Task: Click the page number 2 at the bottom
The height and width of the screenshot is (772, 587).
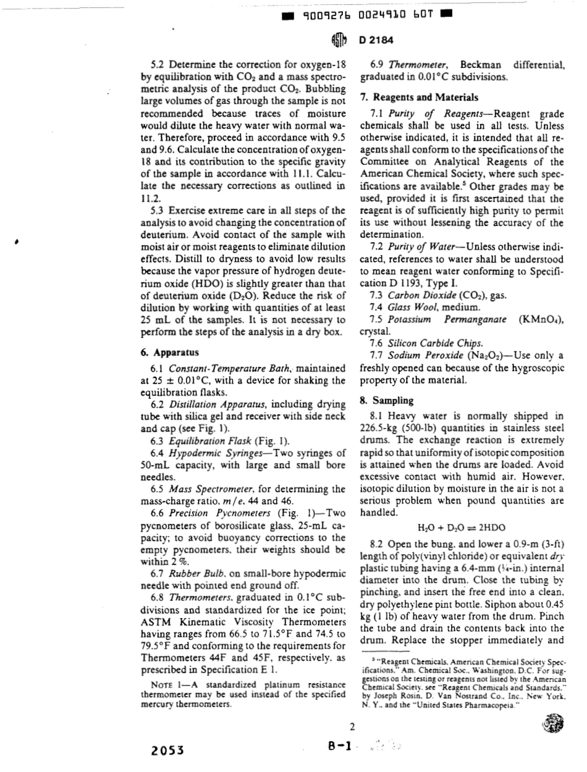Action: (x=352, y=726)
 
